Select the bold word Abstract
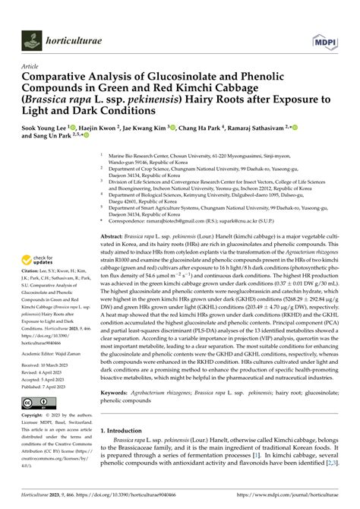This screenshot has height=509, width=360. tap(114, 216)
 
